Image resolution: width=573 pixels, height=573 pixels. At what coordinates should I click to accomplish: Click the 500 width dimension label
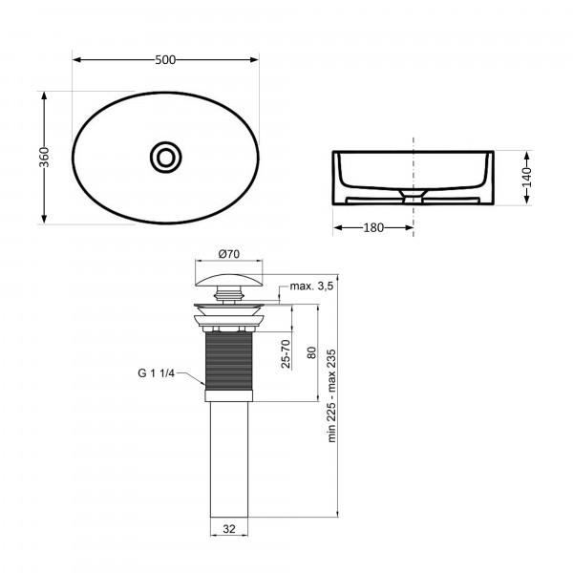tap(165, 60)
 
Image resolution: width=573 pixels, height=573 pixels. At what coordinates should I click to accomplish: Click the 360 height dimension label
tap(44, 158)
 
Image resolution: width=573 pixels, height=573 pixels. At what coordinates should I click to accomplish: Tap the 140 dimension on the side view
tap(526, 178)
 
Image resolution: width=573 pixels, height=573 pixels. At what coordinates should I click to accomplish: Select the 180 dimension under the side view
tap(373, 227)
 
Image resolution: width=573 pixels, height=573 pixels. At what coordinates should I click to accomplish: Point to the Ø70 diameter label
tap(229, 254)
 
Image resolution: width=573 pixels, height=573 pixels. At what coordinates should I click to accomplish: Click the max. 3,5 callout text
tap(311, 286)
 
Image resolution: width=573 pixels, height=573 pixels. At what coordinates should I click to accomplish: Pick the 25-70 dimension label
tap(286, 353)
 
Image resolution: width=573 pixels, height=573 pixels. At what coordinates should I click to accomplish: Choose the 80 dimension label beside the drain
tap(311, 352)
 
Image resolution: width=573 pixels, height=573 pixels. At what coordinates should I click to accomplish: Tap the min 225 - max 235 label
tap(331, 395)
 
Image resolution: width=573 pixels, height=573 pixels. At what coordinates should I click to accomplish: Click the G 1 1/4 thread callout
tap(157, 373)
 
